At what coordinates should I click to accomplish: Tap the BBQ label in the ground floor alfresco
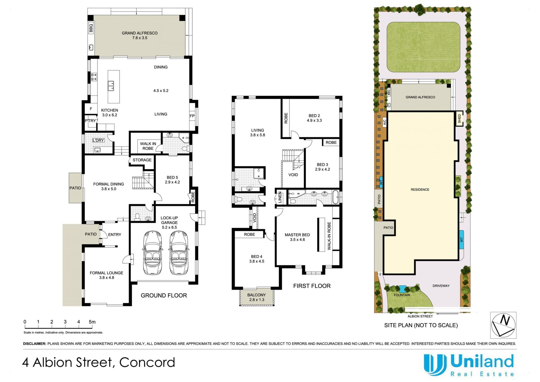click(91, 28)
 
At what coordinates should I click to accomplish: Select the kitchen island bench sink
click(111, 86)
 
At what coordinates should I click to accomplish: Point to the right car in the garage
click(179, 253)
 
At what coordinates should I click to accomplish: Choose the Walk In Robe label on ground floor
click(148, 146)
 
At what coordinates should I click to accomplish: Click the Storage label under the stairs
click(142, 160)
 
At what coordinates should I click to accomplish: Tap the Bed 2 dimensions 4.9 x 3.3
click(314, 120)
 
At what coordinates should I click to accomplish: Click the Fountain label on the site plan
click(402, 295)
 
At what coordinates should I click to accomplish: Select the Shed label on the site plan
click(459, 119)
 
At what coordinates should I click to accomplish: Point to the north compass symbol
click(503, 325)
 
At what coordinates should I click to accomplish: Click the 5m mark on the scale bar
click(92, 322)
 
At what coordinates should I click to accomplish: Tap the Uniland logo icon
click(435, 365)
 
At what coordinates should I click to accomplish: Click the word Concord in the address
click(147, 362)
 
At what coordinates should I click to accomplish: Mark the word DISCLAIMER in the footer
click(35, 344)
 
